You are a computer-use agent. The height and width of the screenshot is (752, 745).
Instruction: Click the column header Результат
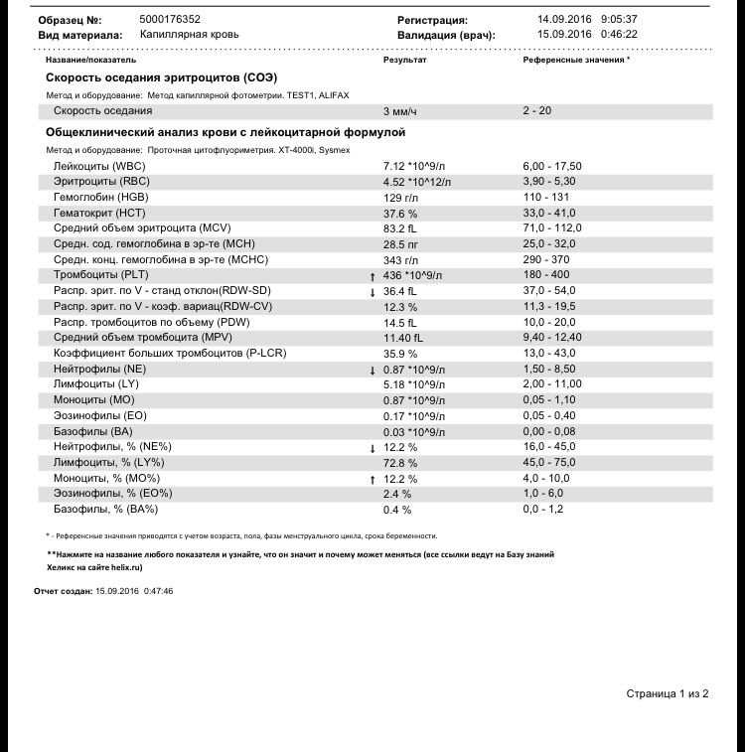[x=405, y=60]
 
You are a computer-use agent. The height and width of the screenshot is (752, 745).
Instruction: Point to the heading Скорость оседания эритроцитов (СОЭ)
[x=161, y=77]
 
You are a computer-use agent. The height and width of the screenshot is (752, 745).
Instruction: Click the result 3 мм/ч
[x=400, y=111]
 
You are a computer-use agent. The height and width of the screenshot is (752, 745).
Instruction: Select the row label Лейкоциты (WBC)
[x=99, y=166]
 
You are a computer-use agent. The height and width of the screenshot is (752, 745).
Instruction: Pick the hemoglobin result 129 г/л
[x=399, y=197]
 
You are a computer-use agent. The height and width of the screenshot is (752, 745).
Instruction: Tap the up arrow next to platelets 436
[x=372, y=276]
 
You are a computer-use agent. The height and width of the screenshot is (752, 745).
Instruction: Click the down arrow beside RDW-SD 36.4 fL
[x=372, y=292]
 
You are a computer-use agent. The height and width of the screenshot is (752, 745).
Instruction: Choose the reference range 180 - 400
[x=545, y=275]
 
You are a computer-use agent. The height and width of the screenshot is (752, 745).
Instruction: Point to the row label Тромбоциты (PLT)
[x=102, y=275]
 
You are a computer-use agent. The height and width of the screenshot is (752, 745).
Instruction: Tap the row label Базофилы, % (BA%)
[x=107, y=510]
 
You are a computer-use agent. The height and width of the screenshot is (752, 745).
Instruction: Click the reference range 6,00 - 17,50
[x=552, y=166]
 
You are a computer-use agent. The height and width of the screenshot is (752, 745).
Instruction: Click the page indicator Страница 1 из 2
[x=667, y=692]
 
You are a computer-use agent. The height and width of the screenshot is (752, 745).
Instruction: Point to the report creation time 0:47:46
[x=160, y=590]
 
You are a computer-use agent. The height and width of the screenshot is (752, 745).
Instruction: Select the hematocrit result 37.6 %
[x=400, y=213]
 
